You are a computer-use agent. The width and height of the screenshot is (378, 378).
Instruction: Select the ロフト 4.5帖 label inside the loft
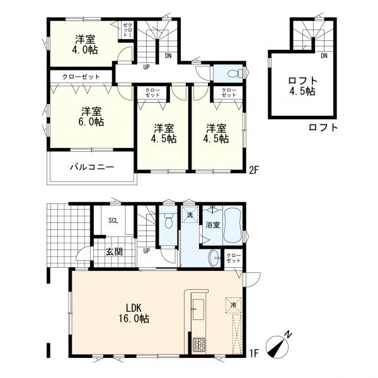[x=302, y=86]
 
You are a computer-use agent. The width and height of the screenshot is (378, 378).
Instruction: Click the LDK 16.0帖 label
[x=134, y=313]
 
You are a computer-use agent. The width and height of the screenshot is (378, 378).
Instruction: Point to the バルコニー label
[x=92, y=167]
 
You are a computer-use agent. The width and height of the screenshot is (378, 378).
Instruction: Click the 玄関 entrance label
[x=114, y=251]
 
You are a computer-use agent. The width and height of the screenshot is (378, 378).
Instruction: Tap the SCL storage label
[x=113, y=220]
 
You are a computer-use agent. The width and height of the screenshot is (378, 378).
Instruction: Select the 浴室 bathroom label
[x=212, y=225]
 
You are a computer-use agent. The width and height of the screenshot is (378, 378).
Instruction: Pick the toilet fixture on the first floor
[x=168, y=220]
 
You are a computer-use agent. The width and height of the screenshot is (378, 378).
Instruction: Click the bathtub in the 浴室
[x=232, y=225]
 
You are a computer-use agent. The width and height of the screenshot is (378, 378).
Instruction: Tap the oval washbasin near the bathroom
[x=214, y=258]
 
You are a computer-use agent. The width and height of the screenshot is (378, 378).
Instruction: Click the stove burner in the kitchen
[x=199, y=345]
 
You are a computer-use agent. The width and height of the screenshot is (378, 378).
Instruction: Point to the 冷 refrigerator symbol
[x=233, y=305]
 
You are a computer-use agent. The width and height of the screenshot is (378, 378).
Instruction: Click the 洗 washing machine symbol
[x=190, y=215]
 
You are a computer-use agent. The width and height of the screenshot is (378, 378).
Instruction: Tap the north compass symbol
[x=278, y=344]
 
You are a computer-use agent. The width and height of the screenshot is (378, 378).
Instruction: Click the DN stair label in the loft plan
[x=324, y=56]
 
